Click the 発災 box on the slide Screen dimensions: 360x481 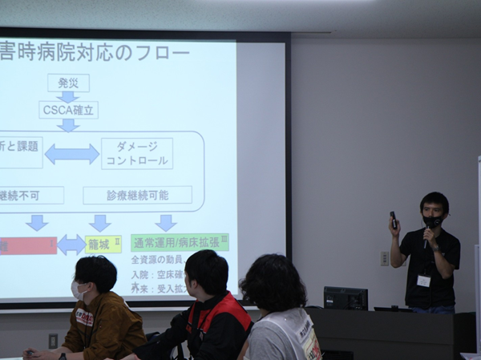click(68, 83)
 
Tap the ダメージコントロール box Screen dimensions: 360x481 click(137, 153)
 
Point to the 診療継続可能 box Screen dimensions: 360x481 click(137, 195)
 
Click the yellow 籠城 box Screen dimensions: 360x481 click(103, 244)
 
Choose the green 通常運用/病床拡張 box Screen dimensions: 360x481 click(180, 242)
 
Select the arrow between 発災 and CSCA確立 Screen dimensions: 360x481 click(68, 96)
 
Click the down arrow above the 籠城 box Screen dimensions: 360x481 click(100, 222)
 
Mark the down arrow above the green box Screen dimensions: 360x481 click(166, 222)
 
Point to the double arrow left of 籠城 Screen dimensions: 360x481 click(71, 245)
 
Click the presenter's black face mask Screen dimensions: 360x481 click(433, 221)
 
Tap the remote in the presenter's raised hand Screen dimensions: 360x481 click(393, 218)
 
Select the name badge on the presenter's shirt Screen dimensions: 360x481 click(423, 281)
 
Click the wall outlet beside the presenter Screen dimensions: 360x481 click(385, 258)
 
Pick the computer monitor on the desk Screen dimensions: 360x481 click(346, 298)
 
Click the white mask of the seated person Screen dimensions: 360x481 click(78, 291)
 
